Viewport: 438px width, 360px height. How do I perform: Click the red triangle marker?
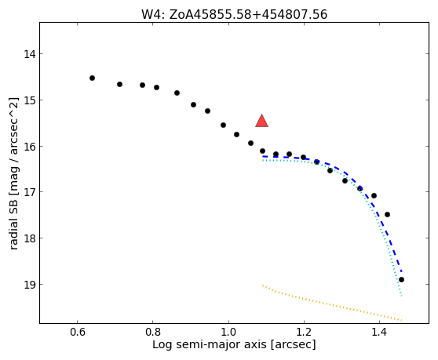261,122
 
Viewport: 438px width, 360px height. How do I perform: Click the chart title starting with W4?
234,15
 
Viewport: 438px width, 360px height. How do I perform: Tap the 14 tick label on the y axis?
30,54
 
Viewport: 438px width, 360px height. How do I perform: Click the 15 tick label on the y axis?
30,100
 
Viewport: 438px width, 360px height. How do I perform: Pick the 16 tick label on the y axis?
30,146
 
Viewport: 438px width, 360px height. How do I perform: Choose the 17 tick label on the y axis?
30,192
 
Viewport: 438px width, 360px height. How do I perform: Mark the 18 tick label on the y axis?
30,238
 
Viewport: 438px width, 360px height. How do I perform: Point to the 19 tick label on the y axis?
30,285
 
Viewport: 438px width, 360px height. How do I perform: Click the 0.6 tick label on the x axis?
78,333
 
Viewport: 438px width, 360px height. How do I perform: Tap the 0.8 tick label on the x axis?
153,333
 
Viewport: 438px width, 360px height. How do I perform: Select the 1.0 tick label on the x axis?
228,333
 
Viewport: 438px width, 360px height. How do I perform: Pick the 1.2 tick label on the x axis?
304,333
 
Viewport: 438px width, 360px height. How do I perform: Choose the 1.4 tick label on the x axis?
379,333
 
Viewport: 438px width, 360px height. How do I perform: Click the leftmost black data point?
92,78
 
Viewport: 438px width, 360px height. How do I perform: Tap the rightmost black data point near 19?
401,280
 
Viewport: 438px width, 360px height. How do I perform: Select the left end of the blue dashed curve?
263,156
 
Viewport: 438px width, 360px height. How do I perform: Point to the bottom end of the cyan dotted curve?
402,296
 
